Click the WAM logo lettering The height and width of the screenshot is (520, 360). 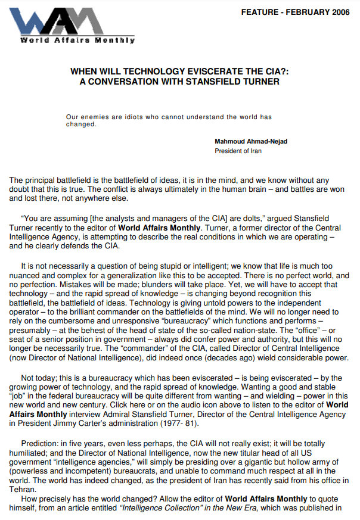pyautogui.click(x=72, y=21)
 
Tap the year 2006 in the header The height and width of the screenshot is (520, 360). pyautogui.click(x=338, y=12)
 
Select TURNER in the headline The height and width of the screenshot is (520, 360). pyautogui.click(x=256, y=81)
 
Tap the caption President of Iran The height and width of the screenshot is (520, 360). pyautogui.click(x=238, y=151)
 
